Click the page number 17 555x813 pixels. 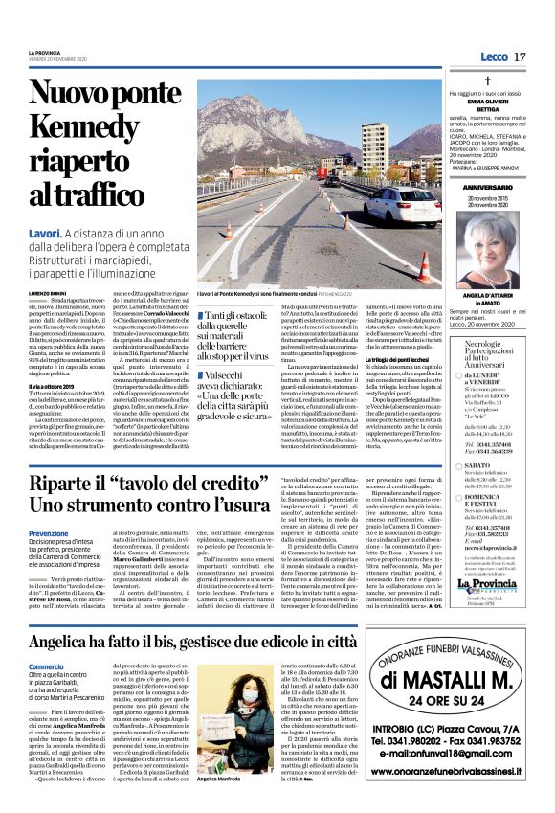pyautogui.click(x=520, y=57)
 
